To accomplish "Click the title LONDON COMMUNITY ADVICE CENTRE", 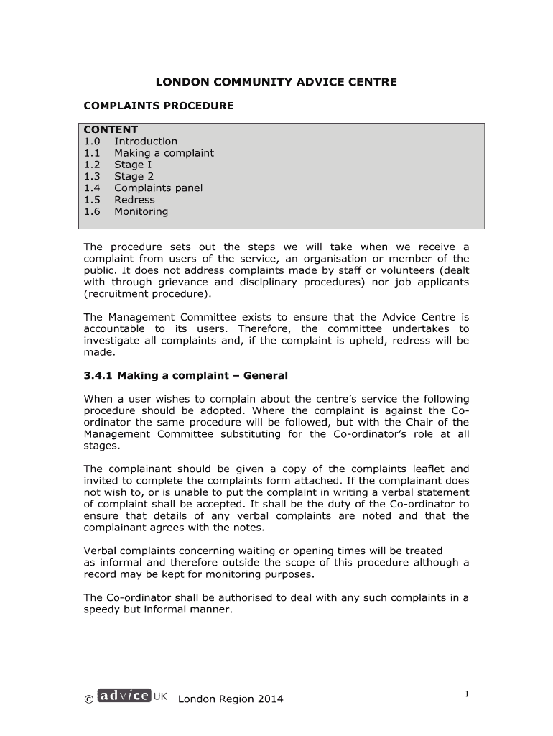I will pyautogui.click(x=276, y=82).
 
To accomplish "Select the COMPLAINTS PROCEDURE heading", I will pyautogui.click(x=159, y=106).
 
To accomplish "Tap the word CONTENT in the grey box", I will pyautogui.click(x=111, y=130).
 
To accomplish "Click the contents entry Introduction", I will pyautogui.click(x=146, y=142).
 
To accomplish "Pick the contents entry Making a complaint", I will pyautogui.click(x=164, y=153).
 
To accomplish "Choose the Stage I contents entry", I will pyautogui.click(x=133, y=165).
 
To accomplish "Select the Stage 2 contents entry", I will pyautogui.click(x=134, y=176).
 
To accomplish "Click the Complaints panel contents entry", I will pyautogui.click(x=158, y=188).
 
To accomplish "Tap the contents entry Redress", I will pyautogui.click(x=134, y=200).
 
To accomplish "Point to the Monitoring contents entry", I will pyautogui.click(x=141, y=211).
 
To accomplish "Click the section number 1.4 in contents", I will pyautogui.click(x=91, y=188).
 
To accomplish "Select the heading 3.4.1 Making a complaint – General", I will pyautogui.click(x=185, y=375).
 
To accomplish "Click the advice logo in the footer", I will pyautogui.click(x=124, y=696).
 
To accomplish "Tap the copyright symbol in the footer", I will pyautogui.click(x=88, y=699).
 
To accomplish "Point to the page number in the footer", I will pyautogui.click(x=467, y=694).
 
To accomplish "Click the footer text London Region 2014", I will pyautogui.click(x=231, y=699).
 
